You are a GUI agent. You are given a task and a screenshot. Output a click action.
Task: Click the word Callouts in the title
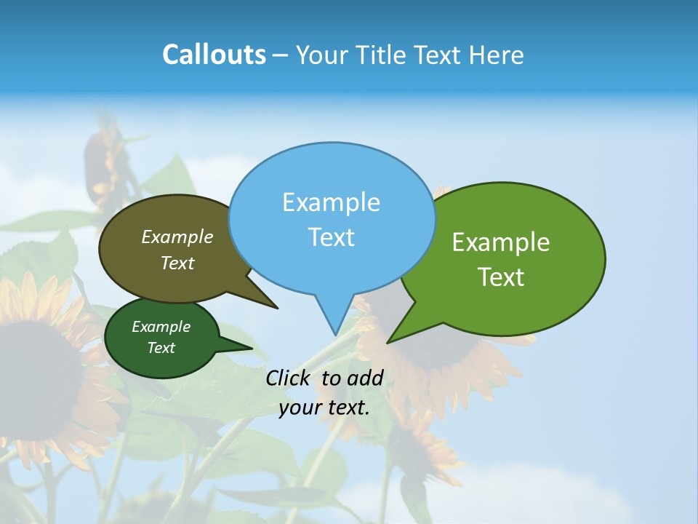[214, 55]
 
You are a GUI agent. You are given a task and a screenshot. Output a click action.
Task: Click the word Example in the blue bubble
[331, 202]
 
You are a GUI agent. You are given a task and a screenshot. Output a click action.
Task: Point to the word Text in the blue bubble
[331, 237]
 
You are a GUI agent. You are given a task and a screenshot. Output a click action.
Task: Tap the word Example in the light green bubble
[501, 242]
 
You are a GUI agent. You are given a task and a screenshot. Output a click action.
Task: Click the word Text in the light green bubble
[501, 277]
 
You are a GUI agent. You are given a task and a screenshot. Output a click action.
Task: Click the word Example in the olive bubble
[177, 237]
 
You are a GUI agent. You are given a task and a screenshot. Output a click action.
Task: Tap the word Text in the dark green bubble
[161, 348]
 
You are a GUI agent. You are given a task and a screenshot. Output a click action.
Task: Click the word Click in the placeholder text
[288, 378]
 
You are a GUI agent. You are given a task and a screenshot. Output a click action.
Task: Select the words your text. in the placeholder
[324, 408]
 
